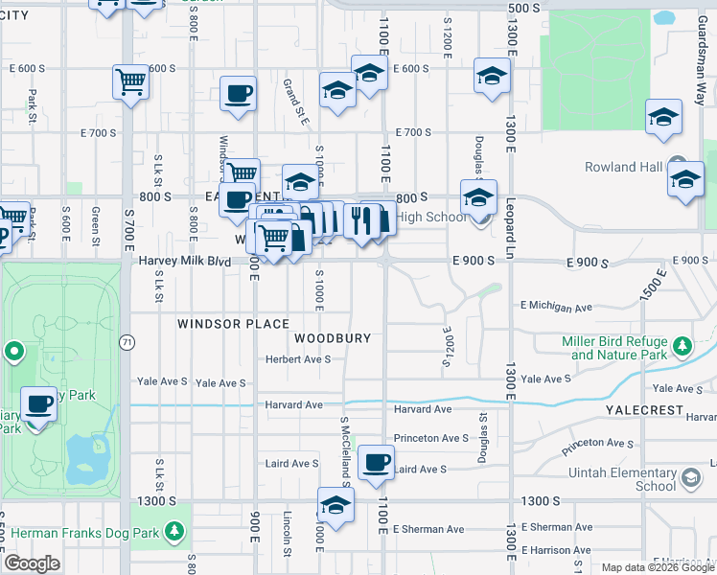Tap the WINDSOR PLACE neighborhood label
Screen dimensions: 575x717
233,324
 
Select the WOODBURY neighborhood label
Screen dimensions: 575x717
333,338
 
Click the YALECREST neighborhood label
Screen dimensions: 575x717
644,409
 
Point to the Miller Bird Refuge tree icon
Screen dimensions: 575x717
682,345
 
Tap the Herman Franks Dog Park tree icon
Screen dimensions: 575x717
173,530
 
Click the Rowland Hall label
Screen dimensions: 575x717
624,167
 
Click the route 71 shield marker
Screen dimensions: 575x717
127,342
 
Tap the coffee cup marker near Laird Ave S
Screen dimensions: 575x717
377,462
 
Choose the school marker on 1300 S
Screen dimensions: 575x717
335,505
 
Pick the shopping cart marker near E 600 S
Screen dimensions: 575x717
129,80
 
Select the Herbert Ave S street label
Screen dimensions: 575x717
298,359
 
